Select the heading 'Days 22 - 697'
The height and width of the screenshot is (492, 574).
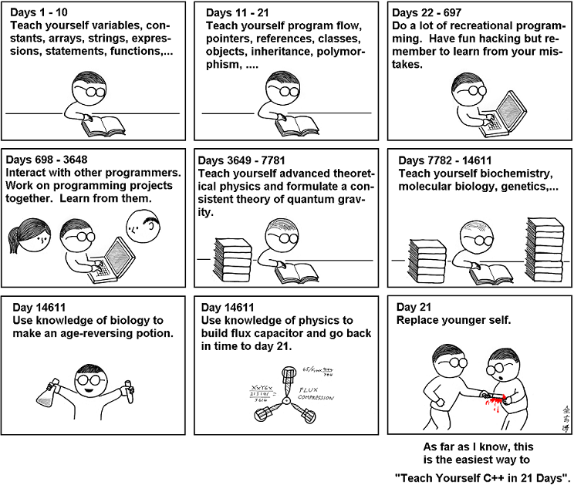pos(428,12)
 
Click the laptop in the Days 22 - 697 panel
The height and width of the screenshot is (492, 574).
pos(505,111)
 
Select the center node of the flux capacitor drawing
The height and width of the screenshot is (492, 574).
pos(285,401)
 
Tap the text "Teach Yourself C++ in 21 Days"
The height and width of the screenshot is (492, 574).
pos(482,477)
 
